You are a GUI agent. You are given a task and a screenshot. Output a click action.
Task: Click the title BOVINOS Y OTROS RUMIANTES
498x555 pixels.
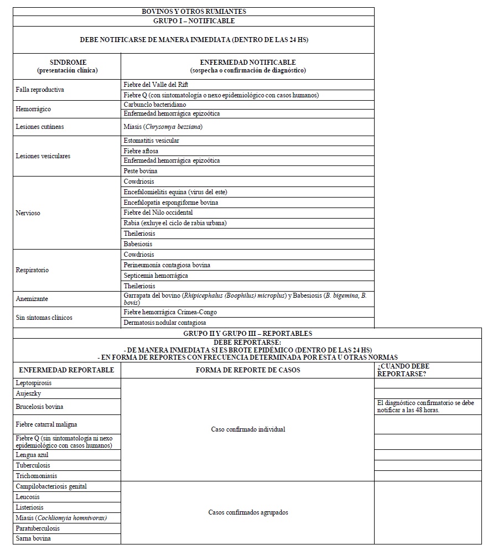pyautogui.click(x=194, y=11)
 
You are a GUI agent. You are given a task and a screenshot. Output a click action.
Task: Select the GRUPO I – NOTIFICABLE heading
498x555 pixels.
pyautogui.click(x=194, y=21)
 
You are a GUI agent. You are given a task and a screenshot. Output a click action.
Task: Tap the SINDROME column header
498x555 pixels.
pyautogui.click(x=68, y=66)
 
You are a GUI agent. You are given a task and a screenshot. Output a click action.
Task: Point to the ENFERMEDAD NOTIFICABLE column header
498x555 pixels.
pyautogui.click(x=247, y=66)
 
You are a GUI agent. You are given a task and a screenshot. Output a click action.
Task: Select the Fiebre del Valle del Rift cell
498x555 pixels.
pyautogui.click(x=156, y=85)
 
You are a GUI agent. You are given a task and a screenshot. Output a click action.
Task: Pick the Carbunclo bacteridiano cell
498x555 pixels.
pyautogui.click(x=155, y=104)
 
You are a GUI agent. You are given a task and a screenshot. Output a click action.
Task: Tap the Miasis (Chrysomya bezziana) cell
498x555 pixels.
pyautogui.click(x=163, y=127)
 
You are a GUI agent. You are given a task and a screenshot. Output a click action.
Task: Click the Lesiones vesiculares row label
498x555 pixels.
pyautogui.click(x=43, y=156)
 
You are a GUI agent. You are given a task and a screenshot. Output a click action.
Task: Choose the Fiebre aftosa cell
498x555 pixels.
pyautogui.click(x=141, y=151)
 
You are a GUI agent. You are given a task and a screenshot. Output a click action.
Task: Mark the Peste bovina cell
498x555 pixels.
pyautogui.click(x=141, y=171)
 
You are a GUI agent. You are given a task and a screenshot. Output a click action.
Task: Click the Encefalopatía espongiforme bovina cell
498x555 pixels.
pyautogui.click(x=171, y=203)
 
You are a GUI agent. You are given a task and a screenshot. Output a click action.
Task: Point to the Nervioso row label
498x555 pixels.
pyautogui.click(x=28, y=212)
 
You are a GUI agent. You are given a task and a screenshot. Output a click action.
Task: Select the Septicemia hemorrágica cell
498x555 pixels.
pyautogui.click(x=156, y=276)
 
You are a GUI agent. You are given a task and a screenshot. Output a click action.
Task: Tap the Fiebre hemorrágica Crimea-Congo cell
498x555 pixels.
pyautogui.click(x=170, y=312)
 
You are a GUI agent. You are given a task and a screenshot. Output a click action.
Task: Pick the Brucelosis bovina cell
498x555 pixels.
pyautogui.click(x=40, y=407)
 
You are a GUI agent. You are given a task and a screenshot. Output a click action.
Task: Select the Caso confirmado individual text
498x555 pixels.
pyautogui.click(x=248, y=429)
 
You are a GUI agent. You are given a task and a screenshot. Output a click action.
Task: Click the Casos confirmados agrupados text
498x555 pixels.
pyautogui.click(x=248, y=512)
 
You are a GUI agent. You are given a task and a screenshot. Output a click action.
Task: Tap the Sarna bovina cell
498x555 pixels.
pyautogui.click(x=34, y=538)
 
